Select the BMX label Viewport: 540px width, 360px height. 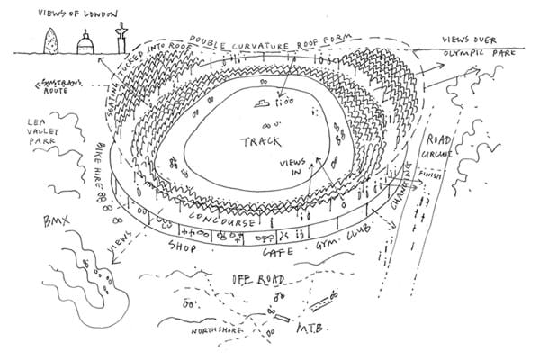(43, 220)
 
